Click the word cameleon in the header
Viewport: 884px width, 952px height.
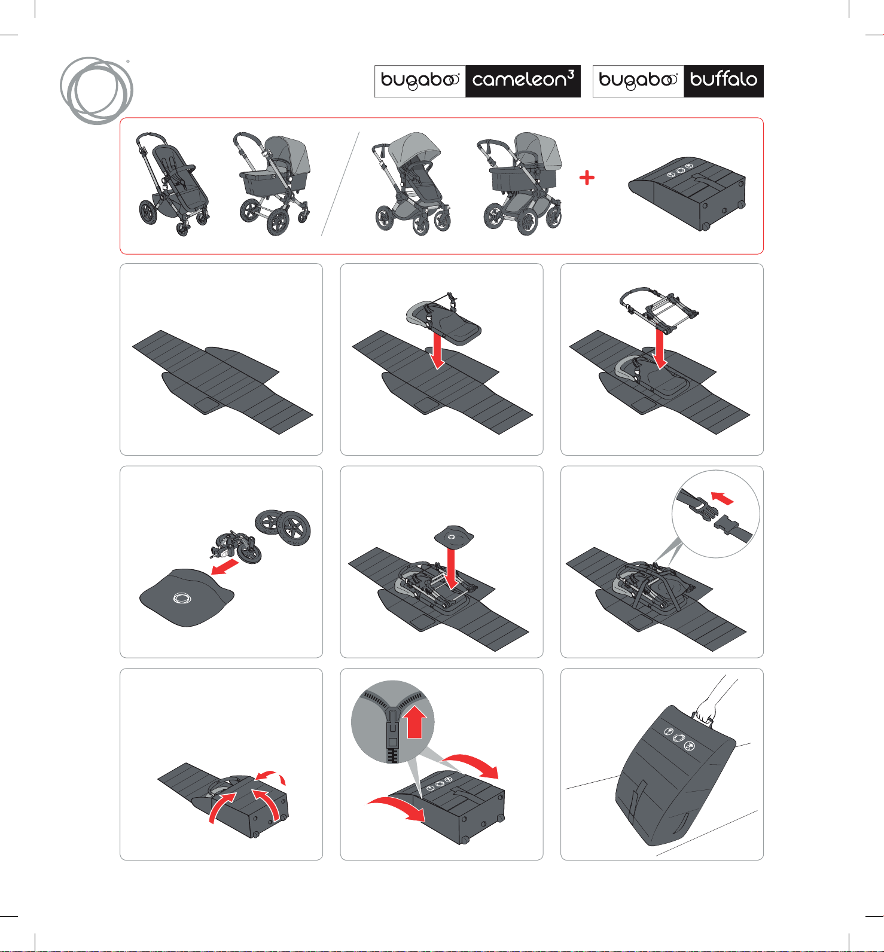[519, 80]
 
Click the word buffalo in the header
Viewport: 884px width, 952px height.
[723, 79]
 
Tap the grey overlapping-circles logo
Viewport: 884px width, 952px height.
[96, 90]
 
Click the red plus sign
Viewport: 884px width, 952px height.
[587, 178]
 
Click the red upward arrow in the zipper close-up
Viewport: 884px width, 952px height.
[415, 722]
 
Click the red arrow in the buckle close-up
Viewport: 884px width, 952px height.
[722, 498]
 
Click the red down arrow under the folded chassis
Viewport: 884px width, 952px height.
[660, 350]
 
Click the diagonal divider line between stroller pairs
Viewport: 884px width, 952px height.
[340, 184]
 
